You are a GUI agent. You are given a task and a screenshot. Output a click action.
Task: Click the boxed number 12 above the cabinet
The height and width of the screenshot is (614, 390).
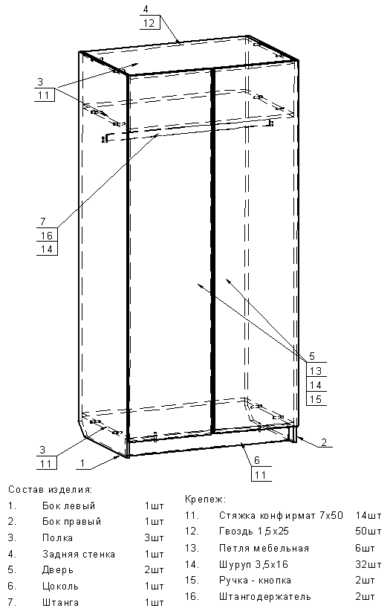point(149,23)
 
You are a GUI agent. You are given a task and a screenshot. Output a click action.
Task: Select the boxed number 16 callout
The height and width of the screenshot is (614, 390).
point(47,236)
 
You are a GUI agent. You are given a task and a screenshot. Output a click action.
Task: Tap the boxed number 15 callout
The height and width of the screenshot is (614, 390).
point(316,399)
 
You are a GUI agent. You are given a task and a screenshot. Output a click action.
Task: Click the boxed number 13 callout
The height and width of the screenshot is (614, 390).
point(316,370)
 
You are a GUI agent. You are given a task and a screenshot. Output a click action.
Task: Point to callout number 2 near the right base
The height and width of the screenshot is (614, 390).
point(324,442)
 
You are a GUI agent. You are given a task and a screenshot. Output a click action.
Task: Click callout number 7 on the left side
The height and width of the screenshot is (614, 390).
point(43,222)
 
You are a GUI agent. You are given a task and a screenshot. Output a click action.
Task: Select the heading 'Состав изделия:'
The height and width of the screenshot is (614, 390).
point(50,489)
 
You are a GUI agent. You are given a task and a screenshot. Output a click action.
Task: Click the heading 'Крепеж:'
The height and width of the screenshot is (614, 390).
point(205,500)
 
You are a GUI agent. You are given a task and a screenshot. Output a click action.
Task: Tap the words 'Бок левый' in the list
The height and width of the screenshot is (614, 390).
point(69,506)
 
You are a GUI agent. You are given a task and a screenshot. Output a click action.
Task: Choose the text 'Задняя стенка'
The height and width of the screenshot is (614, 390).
point(79,554)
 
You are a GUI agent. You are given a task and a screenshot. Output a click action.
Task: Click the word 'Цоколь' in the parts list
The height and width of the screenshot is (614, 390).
point(61,586)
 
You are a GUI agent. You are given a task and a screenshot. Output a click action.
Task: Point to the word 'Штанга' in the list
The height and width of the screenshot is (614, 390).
point(61,602)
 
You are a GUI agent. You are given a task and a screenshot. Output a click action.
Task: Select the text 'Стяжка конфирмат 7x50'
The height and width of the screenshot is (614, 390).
point(281,515)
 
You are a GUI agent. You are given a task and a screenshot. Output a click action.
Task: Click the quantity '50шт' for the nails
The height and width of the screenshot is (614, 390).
point(368,531)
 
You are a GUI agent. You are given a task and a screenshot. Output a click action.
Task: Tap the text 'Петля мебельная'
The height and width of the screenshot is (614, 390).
point(264,548)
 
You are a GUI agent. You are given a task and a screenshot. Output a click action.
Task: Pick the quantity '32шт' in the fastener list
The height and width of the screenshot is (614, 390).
point(368,564)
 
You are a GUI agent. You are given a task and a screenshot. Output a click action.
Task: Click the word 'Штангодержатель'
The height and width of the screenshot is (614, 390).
point(265,597)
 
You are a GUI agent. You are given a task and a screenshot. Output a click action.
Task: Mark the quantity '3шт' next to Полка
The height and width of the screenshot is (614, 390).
point(154,538)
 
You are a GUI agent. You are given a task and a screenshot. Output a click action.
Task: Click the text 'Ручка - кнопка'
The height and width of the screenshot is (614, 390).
point(255,581)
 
